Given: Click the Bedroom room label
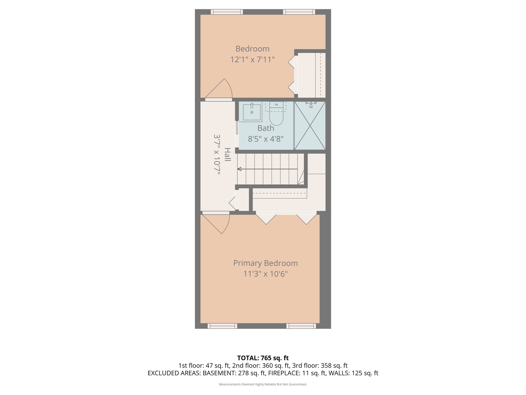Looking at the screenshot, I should pos(252,49).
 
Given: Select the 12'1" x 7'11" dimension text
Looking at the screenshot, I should pos(252,60).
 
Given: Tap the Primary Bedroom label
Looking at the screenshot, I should pos(265,263).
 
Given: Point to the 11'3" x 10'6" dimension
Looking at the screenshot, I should pos(265,274).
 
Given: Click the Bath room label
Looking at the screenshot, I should pos(266,128).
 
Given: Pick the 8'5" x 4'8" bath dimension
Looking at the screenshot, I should pos(266,139).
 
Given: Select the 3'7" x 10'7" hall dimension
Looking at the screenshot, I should pos(217,154).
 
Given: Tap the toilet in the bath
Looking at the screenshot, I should pos(276,116).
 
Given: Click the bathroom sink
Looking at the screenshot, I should pos(252,112).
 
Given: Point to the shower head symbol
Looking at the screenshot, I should pos(311,104).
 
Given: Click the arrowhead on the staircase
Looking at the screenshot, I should pos(239,169).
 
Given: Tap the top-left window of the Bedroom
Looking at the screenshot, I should pos(227,12).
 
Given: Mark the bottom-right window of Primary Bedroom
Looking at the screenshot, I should pos(301,326).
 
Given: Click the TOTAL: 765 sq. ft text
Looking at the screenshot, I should pos(263,358).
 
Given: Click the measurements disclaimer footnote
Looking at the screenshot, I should pos(263,384).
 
